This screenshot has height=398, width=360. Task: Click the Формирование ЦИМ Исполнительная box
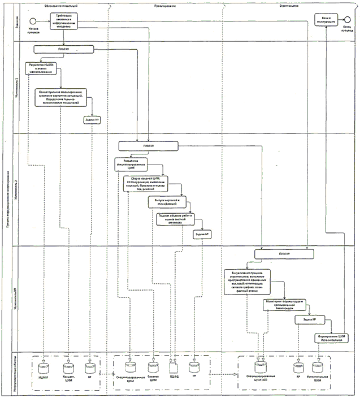[x=331, y=338]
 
